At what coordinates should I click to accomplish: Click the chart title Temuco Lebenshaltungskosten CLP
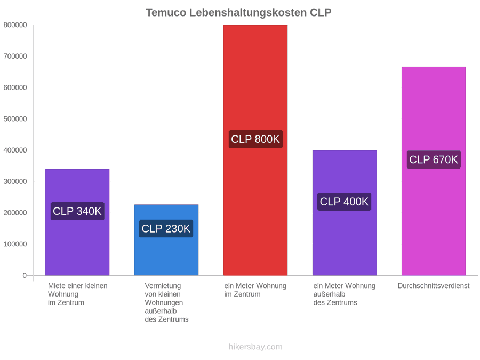click(238, 13)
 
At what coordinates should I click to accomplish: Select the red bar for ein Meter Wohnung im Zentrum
click(255, 150)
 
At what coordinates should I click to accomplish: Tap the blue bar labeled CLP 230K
click(166, 239)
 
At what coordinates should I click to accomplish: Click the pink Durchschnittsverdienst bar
click(434, 171)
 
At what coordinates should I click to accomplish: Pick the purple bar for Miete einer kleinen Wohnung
click(77, 222)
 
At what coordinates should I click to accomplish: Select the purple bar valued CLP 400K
click(345, 212)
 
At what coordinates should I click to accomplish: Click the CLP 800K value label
click(255, 139)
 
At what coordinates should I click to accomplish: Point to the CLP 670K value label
click(434, 159)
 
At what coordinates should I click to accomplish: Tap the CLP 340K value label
click(77, 211)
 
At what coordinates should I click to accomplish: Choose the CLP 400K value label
click(345, 202)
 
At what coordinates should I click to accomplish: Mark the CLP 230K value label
click(166, 228)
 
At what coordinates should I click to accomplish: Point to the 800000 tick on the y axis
click(15, 25)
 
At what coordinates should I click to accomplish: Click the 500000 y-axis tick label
click(15, 119)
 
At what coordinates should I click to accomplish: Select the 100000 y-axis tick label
click(15, 244)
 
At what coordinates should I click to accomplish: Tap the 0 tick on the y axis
click(25, 275)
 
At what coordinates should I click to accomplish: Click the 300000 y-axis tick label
click(15, 181)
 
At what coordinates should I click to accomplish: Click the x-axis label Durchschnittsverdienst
click(434, 286)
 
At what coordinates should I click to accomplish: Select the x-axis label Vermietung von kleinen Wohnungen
click(166, 302)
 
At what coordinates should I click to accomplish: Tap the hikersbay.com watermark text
click(255, 347)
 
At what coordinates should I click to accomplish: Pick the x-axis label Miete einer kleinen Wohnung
click(78, 294)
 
